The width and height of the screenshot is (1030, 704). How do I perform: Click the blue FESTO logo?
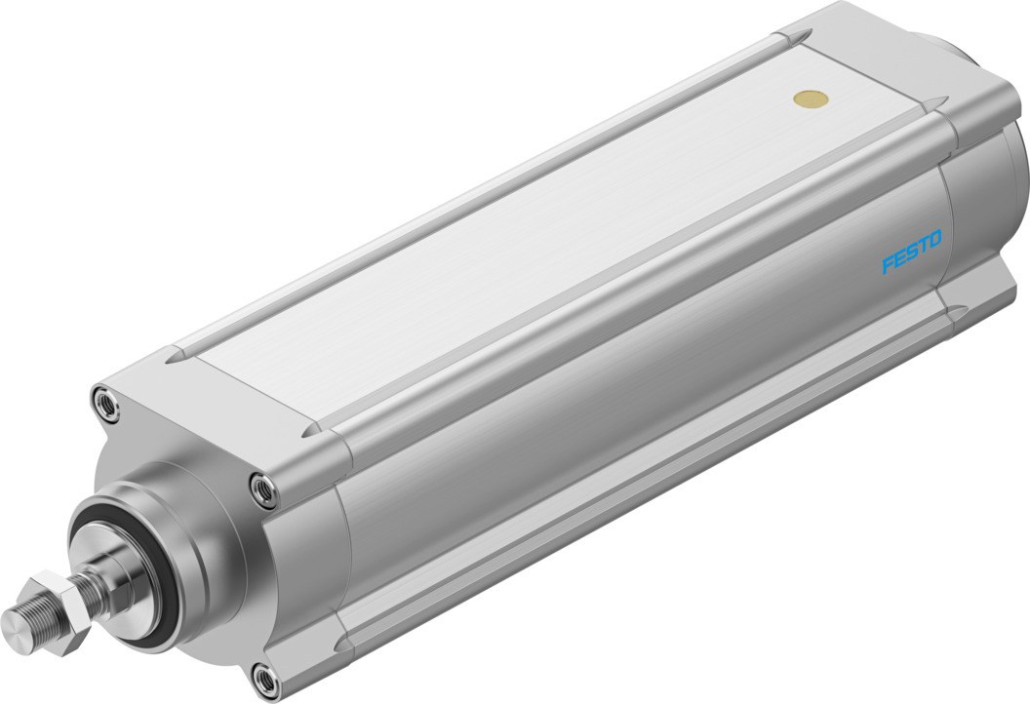coord(912,252)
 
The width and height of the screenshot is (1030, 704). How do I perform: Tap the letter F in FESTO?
coord(888,264)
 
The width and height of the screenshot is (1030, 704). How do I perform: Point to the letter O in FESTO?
coord(935,239)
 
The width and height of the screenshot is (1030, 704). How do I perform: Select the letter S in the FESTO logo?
coord(912,252)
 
